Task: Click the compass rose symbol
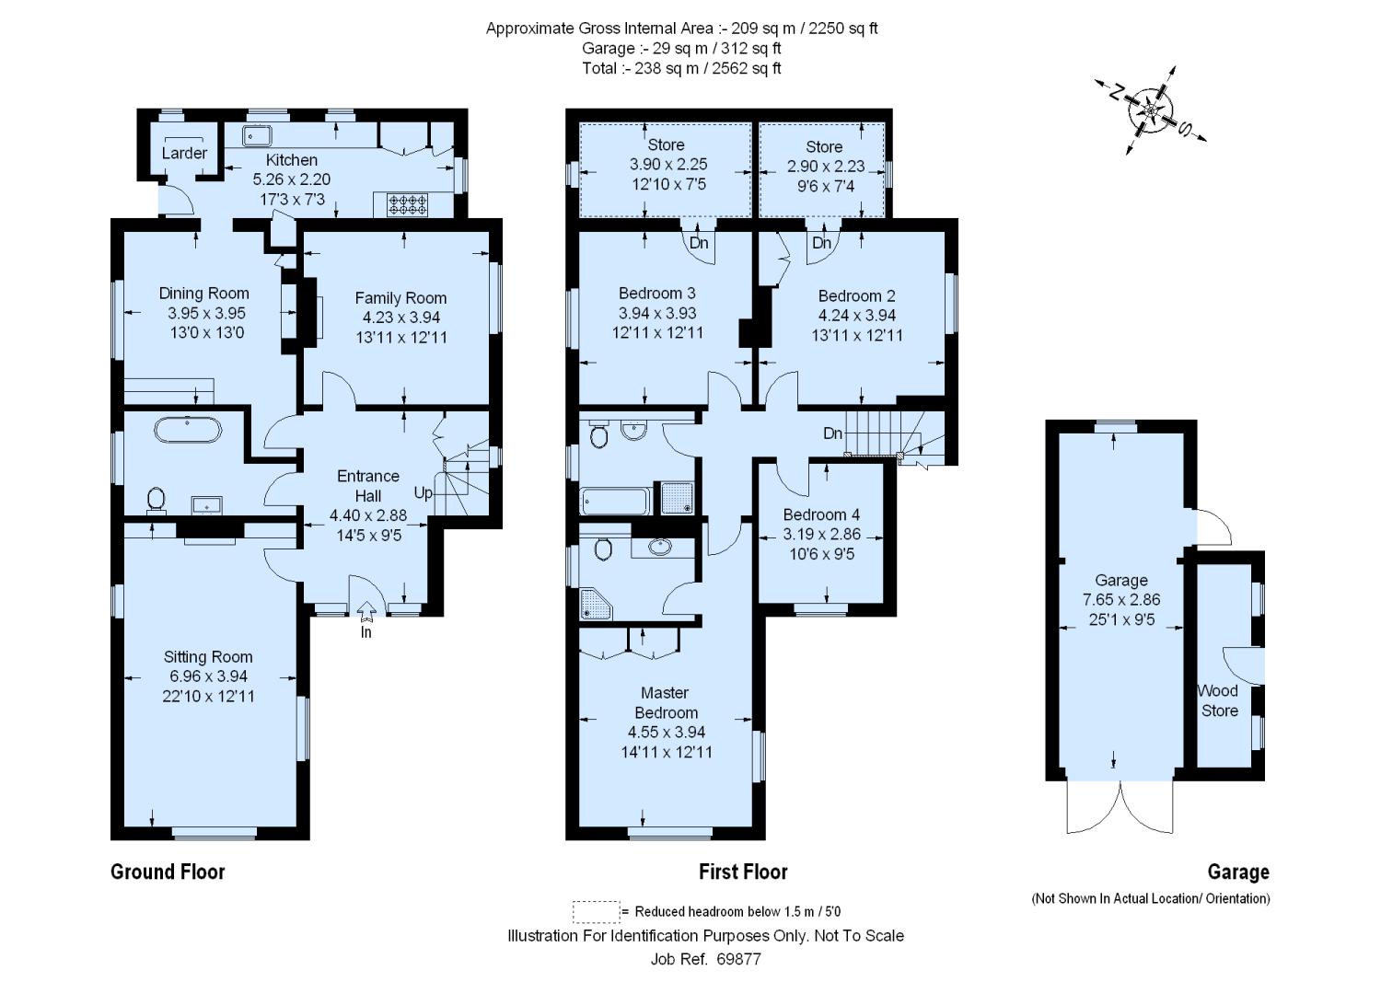click(x=1151, y=110)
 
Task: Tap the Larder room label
click(x=184, y=153)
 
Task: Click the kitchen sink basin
click(x=257, y=135)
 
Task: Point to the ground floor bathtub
click(x=188, y=431)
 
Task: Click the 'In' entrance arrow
click(x=366, y=610)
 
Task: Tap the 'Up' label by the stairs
click(x=423, y=493)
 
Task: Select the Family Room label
click(x=400, y=298)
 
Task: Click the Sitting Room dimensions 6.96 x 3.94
click(x=208, y=676)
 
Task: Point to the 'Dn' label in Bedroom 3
click(x=699, y=243)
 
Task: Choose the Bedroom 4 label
click(x=821, y=514)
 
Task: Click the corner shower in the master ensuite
click(x=597, y=604)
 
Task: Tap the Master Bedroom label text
click(x=666, y=703)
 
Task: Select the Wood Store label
click(x=1218, y=701)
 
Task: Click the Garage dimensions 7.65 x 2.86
click(x=1121, y=600)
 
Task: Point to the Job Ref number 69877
click(x=738, y=959)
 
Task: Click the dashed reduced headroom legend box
click(x=597, y=912)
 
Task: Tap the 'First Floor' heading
click(x=743, y=872)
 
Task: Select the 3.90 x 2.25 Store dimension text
click(x=668, y=165)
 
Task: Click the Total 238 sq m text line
click(x=681, y=68)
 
